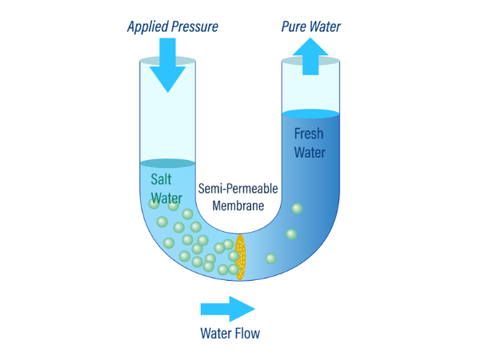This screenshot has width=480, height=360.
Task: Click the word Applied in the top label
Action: click(147, 27)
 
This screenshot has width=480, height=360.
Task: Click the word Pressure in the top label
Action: click(194, 26)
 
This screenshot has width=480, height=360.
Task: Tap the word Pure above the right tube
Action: click(294, 26)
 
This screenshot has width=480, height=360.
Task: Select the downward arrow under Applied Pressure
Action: click(167, 65)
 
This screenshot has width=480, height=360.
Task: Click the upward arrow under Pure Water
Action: click(310, 56)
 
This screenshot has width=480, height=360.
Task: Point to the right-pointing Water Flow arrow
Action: click(228, 309)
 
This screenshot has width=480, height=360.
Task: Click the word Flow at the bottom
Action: click(246, 334)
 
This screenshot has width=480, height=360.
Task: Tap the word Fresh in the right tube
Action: click(309, 134)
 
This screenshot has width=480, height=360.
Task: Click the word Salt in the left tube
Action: click(161, 179)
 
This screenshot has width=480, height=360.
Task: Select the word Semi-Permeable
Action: click(238, 189)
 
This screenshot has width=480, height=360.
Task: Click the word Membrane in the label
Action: click(238, 206)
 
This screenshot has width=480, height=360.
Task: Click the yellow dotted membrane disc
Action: click(240, 258)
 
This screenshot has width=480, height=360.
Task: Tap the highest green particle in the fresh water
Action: click(297, 209)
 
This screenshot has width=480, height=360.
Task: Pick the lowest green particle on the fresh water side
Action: click(270, 258)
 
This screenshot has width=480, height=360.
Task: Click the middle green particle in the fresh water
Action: click(291, 234)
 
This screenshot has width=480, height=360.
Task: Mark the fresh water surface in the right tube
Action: click(310, 114)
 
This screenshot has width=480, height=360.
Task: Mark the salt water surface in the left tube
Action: click(167, 163)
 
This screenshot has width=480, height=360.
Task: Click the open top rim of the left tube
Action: click(167, 61)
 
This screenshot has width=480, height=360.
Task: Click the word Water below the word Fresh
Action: click(310, 153)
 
